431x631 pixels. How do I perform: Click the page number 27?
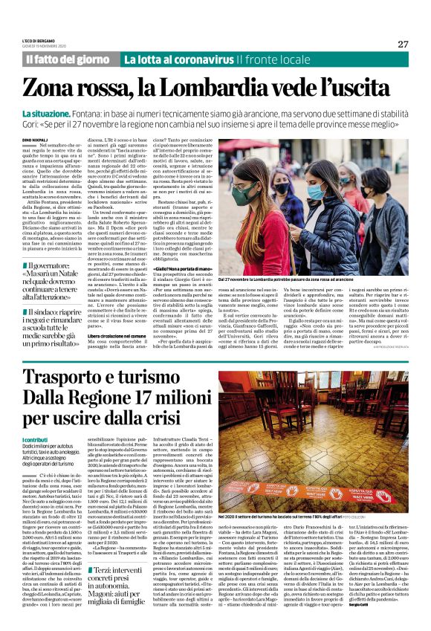pos(403,44)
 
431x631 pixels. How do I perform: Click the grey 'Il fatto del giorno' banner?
pos(68,59)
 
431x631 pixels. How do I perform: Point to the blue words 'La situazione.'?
pos(48,111)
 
